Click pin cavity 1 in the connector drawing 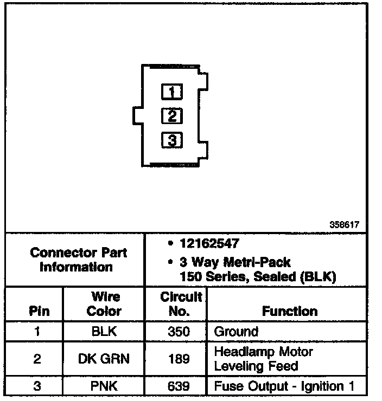(172, 92)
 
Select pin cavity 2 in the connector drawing (172, 116)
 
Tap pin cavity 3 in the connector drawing (172, 141)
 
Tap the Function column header (290, 311)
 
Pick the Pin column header (36, 311)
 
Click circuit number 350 (178, 332)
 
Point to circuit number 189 (178, 359)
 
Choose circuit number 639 (178, 386)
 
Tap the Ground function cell (237, 332)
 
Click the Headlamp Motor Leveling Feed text (264, 359)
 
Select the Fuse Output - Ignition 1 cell (284, 386)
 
